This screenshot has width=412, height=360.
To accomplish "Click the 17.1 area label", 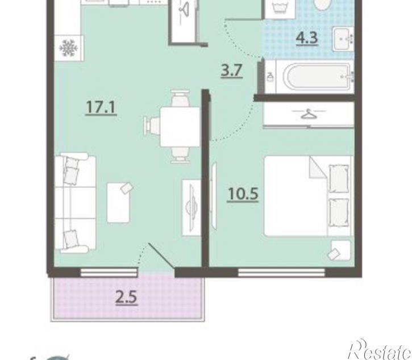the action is pyautogui.click(x=101, y=107).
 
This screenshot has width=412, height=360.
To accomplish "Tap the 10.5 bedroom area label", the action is pyautogui.click(x=243, y=194).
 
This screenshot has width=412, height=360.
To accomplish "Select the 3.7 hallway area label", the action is pyautogui.click(x=231, y=70).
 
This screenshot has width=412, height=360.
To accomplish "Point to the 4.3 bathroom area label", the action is pyautogui.click(x=307, y=38).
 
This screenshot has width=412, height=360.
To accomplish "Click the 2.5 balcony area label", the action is pyautogui.click(x=127, y=298).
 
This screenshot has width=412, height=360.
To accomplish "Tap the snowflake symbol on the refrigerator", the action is pyautogui.click(x=69, y=48).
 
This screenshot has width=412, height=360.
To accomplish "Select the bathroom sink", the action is pyautogui.click(x=344, y=39).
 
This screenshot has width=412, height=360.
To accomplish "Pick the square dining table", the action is pyautogui.click(x=180, y=127).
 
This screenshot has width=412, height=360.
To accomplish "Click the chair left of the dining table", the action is pyautogui.click(x=152, y=126).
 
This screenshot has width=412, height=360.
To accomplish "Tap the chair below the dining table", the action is pyautogui.click(x=180, y=155).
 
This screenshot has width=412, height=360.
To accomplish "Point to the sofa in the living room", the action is pyautogui.click(x=74, y=203).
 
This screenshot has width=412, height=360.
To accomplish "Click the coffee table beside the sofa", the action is pyautogui.click(x=118, y=203).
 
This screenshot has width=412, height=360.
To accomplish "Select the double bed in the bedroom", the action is pyautogui.click(x=309, y=196).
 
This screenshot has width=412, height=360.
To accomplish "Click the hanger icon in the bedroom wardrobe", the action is pyautogui.click(x=309, y=114).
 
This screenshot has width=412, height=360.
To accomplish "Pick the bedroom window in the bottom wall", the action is pyautogui.click(x=281, y=272).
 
